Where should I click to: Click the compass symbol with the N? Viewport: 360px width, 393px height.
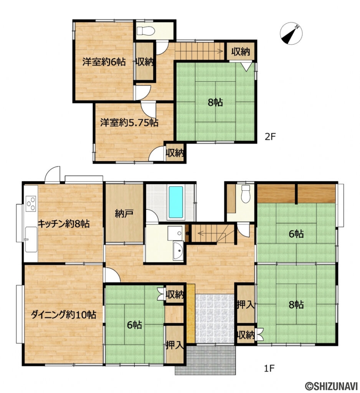(291, 33)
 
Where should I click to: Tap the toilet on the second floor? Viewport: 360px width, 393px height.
(145, 31)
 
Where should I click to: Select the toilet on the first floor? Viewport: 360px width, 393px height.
(246, 193)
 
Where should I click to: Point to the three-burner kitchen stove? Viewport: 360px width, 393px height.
(31, 203)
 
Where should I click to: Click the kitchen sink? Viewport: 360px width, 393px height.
(31, 239)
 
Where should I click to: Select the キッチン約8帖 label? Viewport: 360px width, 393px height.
(63, 224)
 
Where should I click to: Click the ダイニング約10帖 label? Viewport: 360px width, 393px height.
(63, 314)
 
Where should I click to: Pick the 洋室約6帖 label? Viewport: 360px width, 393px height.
(104, 62)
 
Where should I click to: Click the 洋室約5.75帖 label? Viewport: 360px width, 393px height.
(129, 123)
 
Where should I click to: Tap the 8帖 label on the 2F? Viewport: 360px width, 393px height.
(215, 102)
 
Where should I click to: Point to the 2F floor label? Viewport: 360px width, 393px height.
(271, 137)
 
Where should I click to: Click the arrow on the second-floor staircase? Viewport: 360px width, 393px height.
(199, 52)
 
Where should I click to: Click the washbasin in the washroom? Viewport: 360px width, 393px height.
(178, 251)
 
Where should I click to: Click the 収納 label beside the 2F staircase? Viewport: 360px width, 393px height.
(241, 52)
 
